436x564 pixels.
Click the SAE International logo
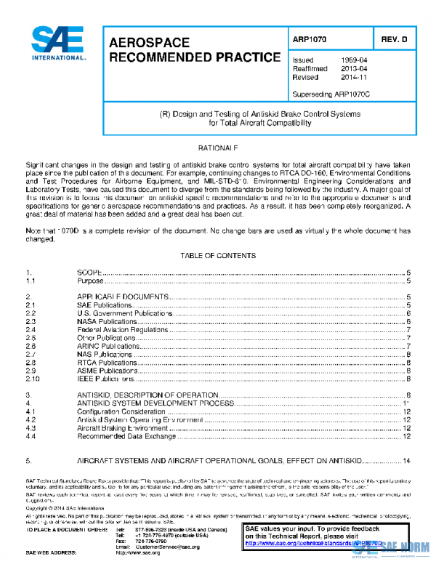pyautogui.click(x=58, y=43)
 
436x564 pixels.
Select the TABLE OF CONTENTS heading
pyautogui.click(x=217, y=256)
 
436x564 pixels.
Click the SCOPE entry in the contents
pyautogui.click(x=89, y=271)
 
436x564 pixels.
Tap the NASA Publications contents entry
pyautogui.click(x=107, y=321)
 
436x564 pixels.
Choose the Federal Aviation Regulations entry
pyautogui.click(x=118, y=329)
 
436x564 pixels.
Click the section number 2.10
pyautogui.click(x=32, y=379)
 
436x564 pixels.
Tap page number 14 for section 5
pyautogui.click(x=407, y=461)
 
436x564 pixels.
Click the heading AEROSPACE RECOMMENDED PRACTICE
pyautogui.click(x=195, y=50)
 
